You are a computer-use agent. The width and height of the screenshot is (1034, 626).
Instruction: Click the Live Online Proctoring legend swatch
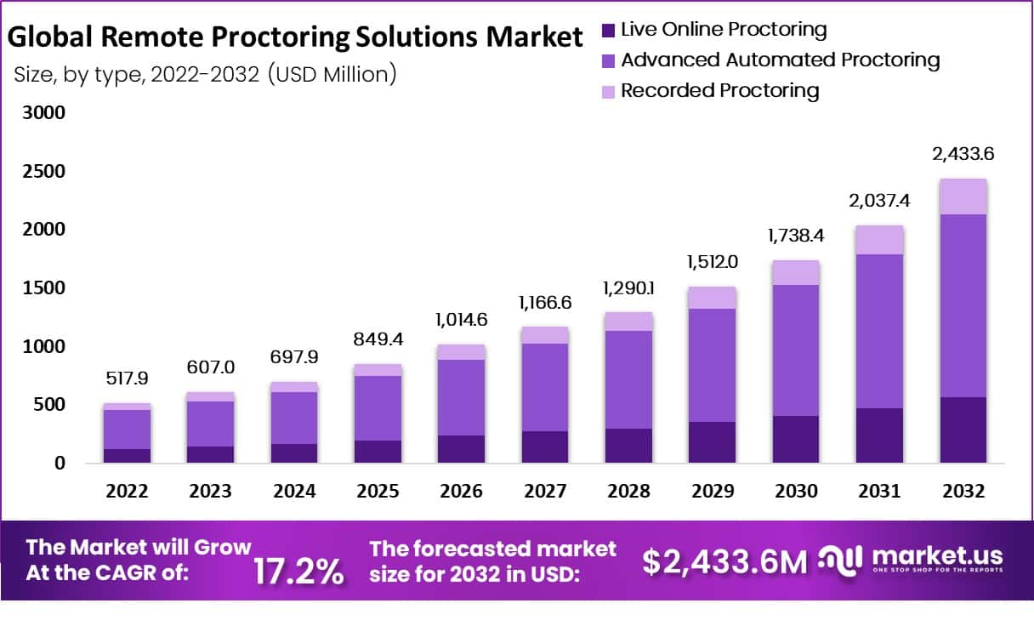[x=608, y=31]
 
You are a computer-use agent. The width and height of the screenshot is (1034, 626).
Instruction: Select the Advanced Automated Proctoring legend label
[x=781, y=60]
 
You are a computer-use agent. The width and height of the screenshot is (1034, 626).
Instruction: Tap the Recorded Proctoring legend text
[x=719, y=91]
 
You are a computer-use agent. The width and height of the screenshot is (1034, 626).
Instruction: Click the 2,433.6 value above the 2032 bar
[x=963, y=155]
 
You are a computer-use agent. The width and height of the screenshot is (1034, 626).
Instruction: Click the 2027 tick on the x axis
[x=544, y=492]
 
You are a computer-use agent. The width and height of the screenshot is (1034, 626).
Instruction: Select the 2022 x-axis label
[x=128, y=492]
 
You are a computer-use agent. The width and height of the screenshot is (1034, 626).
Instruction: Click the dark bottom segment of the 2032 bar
[x=963, y=430]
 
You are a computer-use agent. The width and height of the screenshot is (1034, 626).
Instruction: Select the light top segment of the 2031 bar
[x=880, y=240]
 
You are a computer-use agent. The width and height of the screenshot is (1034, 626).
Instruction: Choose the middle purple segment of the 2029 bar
[x=711, y=365]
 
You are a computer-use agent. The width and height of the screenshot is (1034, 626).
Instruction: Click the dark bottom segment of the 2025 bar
[x=378, y=451]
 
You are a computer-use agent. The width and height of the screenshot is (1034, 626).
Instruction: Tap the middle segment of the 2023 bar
[x=211, y=424]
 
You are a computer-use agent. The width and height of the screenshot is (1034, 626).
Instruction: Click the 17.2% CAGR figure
[x=298, y=572]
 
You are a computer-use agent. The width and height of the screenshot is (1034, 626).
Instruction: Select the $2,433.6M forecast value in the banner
[x=724, y=561]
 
